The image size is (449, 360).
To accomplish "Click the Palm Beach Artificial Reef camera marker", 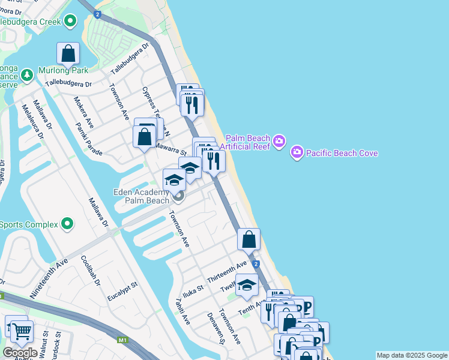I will tap(279, 142).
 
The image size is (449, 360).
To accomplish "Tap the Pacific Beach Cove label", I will tap(342, 153).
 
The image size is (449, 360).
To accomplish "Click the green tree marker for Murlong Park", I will tap(26, 75).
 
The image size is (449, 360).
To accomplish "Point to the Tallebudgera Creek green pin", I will tap(71, 22).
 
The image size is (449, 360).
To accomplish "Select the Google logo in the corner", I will tap(19, 352).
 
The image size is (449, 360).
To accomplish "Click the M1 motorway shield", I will tap(124, 340).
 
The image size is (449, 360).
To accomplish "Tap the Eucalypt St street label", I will tap(122, 289).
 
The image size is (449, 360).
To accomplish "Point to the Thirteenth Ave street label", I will tap(227, 272).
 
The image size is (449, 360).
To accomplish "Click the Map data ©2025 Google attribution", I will tap(412, 355).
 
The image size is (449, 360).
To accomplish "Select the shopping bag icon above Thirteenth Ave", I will tap(249, 239).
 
